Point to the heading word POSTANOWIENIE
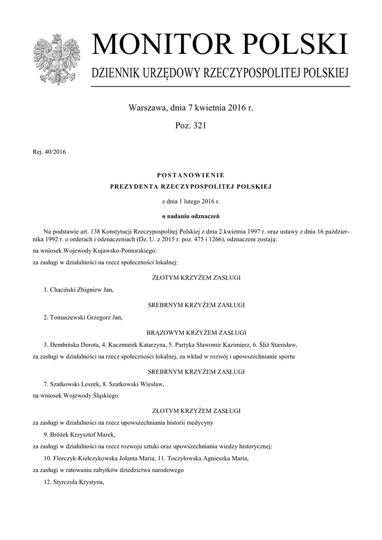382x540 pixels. pyautogui.click(x=190, y=175)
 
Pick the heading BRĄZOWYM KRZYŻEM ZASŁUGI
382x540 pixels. pyautogui.click(x=190, y=332)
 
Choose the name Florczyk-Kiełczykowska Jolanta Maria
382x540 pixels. pyautogui.click(x=103, y=458)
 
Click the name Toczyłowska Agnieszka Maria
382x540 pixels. pyautogui.click(x=209, y=458)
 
